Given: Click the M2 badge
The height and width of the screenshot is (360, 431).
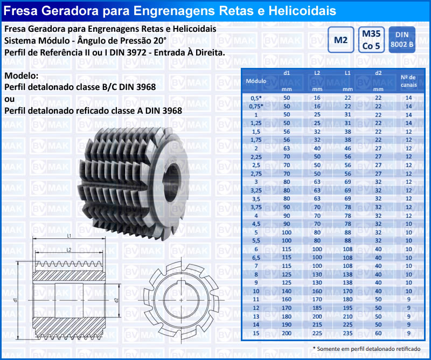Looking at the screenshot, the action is point(340,40).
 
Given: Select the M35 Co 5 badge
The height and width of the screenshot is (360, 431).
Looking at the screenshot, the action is point(371,40).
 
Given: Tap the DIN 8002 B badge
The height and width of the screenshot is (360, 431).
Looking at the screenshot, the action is point(402,40).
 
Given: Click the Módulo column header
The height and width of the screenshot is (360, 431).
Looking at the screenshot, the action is point(256,81).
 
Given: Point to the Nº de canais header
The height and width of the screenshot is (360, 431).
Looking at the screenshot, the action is point(408,81).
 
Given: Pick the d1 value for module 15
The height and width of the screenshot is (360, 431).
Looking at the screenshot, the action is point(287,333).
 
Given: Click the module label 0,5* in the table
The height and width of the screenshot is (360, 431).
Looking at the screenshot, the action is point(256,98).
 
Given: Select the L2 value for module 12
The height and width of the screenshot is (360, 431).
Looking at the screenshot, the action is point(317,308).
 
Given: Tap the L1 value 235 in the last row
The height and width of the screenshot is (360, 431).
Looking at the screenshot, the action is point(347,333).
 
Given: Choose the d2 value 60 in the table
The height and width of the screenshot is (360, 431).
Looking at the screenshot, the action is point(378,333).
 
